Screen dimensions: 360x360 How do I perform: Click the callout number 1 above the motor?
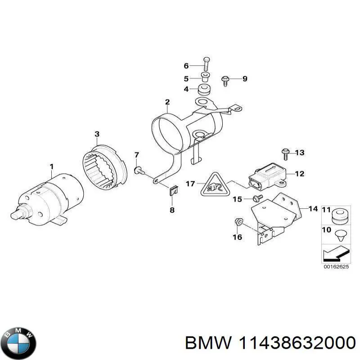(x=51, y=167)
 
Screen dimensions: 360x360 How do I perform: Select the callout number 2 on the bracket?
(x=167, y=102)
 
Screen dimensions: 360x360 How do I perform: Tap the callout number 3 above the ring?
(x=97, y=134)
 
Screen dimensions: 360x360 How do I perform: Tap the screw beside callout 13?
(x=285, y=153)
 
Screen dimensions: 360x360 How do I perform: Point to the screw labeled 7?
(x=139, y=170)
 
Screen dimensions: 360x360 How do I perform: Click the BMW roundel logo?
(x=18, y=338)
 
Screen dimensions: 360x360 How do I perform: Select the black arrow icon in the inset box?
(x=333, y=255)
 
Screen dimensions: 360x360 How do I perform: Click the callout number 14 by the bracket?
(x=313, y=208)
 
